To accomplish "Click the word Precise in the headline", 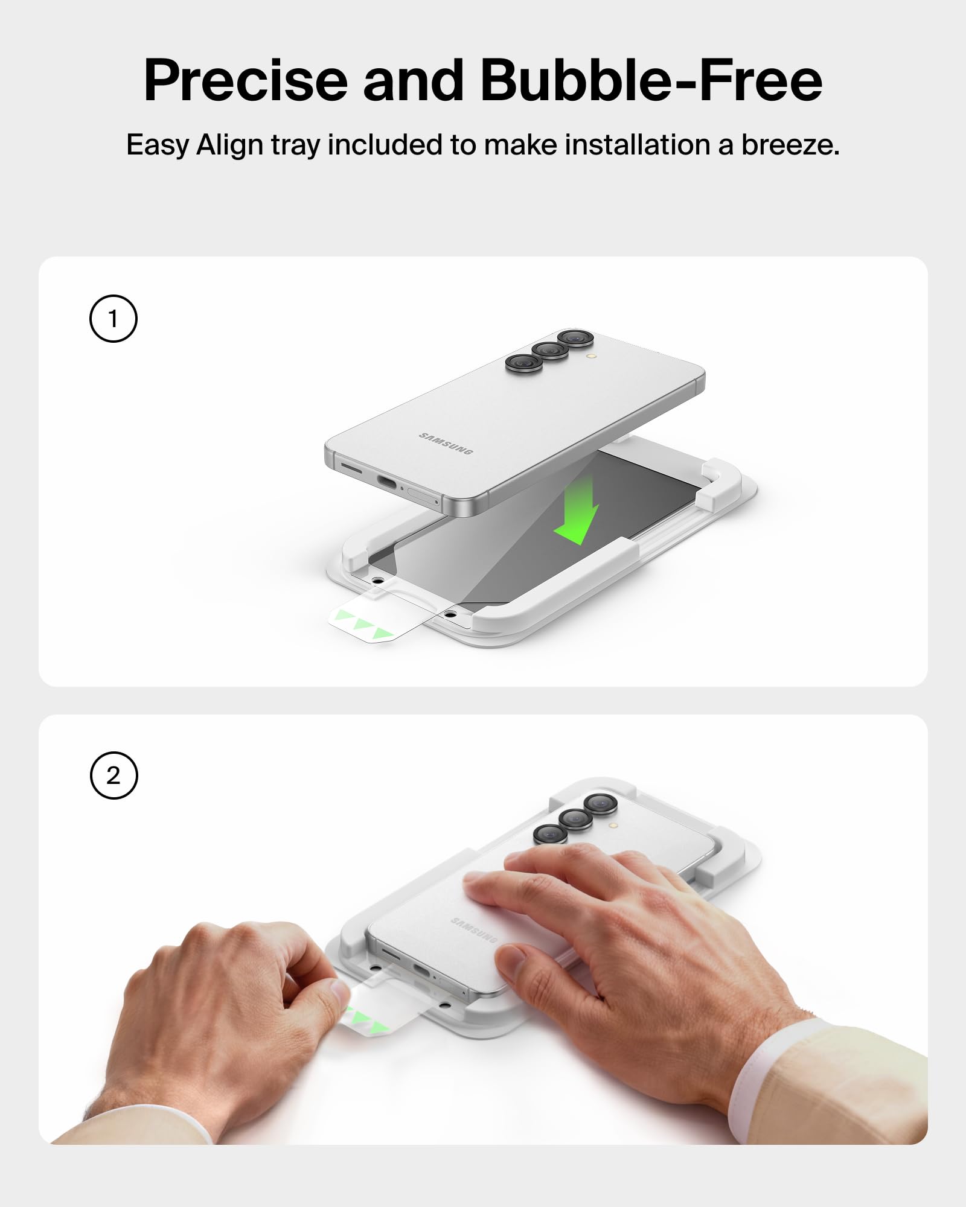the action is [246, 80].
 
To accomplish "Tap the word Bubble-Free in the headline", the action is [651, 80].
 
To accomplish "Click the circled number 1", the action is [114, 319].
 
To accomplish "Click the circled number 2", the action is [114, 775].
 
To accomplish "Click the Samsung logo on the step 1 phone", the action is [446, 444].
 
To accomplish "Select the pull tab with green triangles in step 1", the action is [380, 617].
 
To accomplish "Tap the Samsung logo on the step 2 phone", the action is [475, 930].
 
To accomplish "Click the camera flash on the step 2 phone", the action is [613, 824].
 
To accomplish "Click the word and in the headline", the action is [413, 80].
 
